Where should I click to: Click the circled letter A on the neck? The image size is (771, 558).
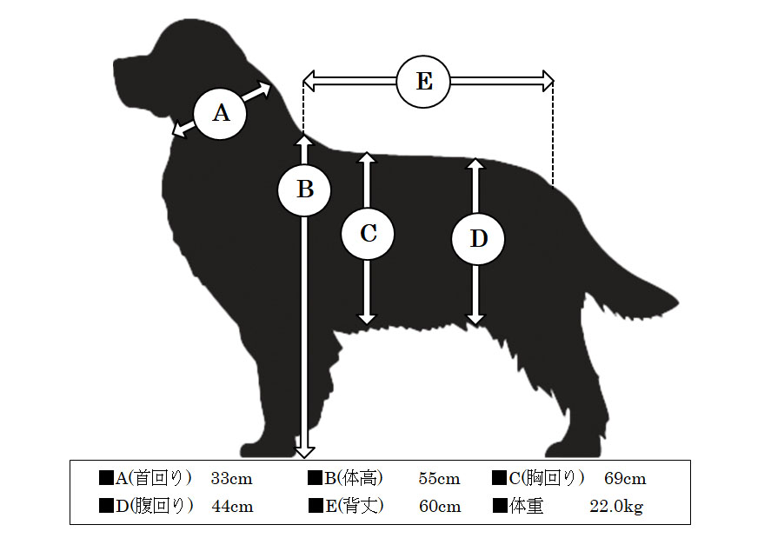pyautogui.click(x=220, y=114)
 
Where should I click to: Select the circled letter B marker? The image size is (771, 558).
pyautogui.click(x=304, y=189)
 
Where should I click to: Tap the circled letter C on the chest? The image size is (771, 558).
pyautogui.click(x=368, y=233)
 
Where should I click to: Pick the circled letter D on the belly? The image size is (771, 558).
pyautogui.click(x=478, y=238)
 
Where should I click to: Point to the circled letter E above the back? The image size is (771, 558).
pyautogui.click(x=423, y=81)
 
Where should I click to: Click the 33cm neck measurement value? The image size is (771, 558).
pyautogui.click(x=231, y=478)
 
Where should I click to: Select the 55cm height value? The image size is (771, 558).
pyautogui.click(x=440, y=478)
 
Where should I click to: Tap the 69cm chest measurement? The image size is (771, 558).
pyautogui.click(x=625, y=478)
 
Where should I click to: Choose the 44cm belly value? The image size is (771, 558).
pyautogui.click(x=233, y=506)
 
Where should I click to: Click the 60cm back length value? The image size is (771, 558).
pyautogui.click(x=440, y=506)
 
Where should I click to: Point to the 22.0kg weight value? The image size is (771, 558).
pyautogui.click(x=616, y=507)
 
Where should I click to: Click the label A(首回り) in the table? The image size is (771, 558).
pyautogui.click(x=153, y=478)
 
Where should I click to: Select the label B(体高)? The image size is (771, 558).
pyautogui.click(x=354, y=478)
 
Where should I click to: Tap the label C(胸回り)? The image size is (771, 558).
pyautogui.click(x=547, y=478)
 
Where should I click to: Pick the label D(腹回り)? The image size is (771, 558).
pyautogui.click(x=155, y=506)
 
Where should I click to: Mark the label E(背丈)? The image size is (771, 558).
pyautogui.click(x=355, y=506)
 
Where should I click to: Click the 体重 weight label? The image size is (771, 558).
pyautogui.click(x=526, y=506)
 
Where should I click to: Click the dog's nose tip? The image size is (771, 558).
pyautogui.click(x=116, y=64)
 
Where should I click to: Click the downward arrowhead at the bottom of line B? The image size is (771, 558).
pyautogui.click(x=304, y=451)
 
